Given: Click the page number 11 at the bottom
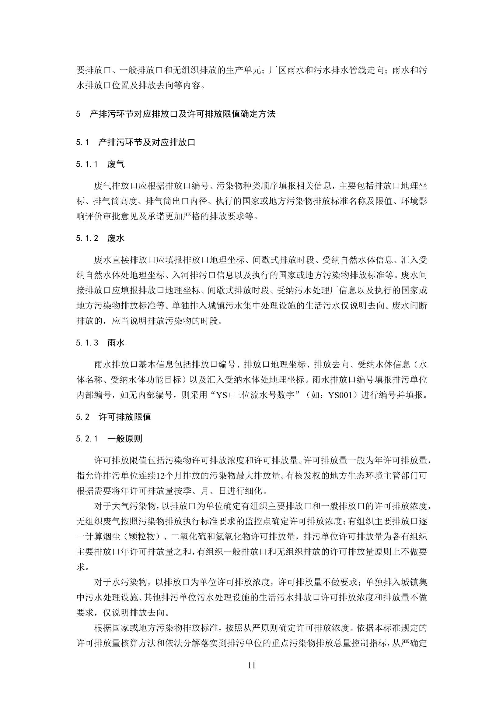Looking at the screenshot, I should coord(252,665).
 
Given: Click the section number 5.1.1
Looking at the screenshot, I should coord(87,164).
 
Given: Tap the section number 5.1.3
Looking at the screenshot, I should coord(87,343).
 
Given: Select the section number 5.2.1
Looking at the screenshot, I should coord(87,439).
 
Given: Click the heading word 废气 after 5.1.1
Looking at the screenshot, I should coord(116,164).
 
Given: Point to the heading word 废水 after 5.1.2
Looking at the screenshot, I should coord(116,238).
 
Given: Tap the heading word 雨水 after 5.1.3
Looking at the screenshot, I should coord(116,343).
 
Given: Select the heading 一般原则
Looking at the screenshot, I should coord(124,439).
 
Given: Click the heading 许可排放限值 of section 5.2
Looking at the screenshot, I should coord(124,417).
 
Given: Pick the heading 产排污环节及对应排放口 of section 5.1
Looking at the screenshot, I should coord(147,142).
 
